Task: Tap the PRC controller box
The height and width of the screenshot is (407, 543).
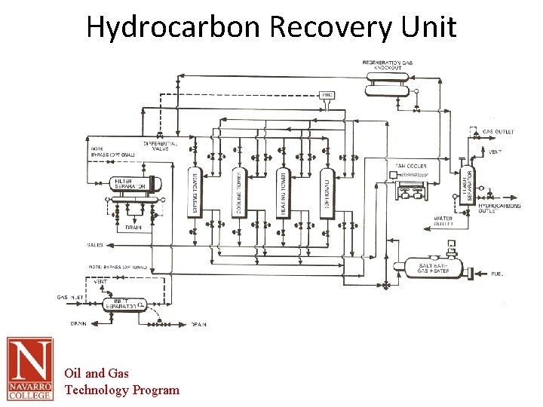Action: pyautogui.click(x=327, y=95)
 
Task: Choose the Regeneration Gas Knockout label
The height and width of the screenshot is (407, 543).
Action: pyautogui.click(x=388, y=65)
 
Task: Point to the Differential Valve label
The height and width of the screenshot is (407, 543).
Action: pyautogui.click(x=160, y=146)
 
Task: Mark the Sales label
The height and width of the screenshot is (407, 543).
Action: pyautogui.click(x=95, y=245)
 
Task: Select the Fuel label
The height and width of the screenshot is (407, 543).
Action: pyautogui.click(x=497, y=274)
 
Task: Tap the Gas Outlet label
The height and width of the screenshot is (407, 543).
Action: pyautogui.click(x=499, y=132)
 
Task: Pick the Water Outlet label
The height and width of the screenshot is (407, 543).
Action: pyautogui.click(x=443, y=221)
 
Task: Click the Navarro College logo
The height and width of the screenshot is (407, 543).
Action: pyautogui.click(x=30, y=369)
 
